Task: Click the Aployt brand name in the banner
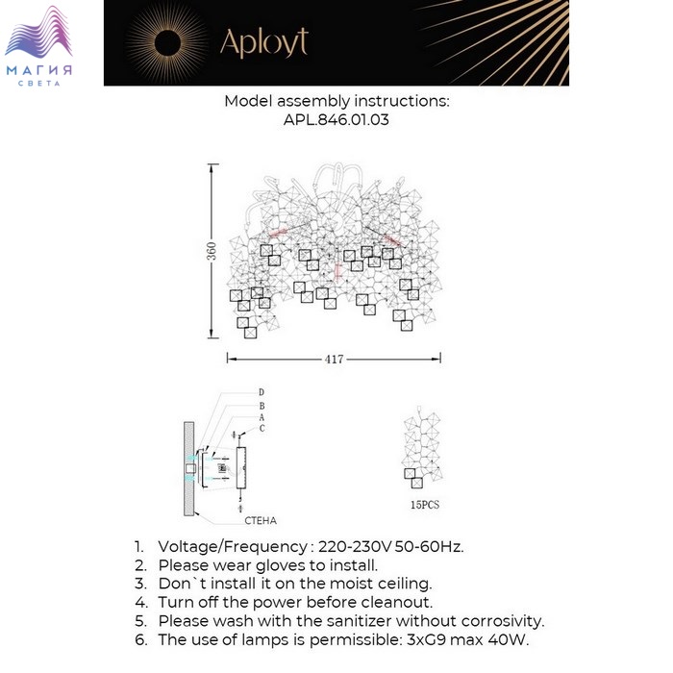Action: (x=263, y=43)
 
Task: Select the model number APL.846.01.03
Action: (x=336, y=121)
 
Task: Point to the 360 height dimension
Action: (x=212, y=250)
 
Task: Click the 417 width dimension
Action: (x=335, y=360)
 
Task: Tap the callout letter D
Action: (x=261, y=393)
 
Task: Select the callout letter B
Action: (x=261, y=406)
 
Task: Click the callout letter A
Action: (x=261, y=417)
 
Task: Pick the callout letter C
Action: (x=261, y=429)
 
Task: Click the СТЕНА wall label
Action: (x=260, y=520)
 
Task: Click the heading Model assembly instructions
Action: (x=336, y=101)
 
